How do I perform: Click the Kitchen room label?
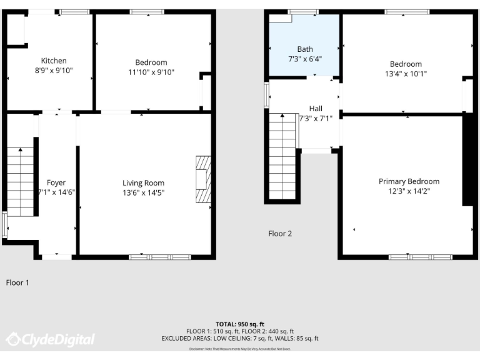[54, 61]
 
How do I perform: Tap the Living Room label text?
[143, 183]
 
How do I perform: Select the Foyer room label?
[56, 183]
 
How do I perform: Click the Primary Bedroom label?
[409, 181]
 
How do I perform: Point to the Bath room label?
[305, 49]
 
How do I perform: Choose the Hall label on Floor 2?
[316, 108]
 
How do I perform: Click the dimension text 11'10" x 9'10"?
[151, 72]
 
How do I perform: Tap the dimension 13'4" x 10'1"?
[406, 73]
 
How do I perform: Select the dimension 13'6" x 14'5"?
[143, 193]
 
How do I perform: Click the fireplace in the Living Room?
[202, 180]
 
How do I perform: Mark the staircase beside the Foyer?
[21, 181]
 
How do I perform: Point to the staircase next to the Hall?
[282, 156]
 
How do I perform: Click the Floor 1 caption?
[17, 282]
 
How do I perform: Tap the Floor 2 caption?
[280, 234]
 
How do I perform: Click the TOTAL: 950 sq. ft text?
[240, 324]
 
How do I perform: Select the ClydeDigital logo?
[51, 339]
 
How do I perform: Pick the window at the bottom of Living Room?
[159, 257]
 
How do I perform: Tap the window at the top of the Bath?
[303, 11]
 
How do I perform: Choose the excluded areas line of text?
[240, 338]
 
